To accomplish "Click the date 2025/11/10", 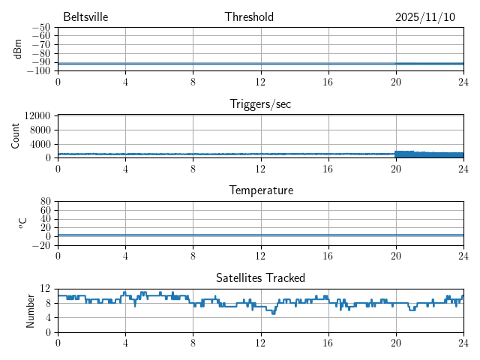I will tap(424, 17).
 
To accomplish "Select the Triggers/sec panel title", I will tap(260, 104).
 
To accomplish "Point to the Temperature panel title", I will tap(260, 190).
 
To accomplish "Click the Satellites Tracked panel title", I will tap(260, 277).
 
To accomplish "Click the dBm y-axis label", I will tap(17, 49).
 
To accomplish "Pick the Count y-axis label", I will tap(16, 136).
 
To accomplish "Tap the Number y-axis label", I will tap(31, 310).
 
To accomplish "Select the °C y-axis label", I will tap(22, 223).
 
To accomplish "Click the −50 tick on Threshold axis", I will tap(41, 27).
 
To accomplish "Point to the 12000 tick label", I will tap(37, 115).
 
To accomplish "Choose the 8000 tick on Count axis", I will tap(40, 130).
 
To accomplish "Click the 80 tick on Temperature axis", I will tap(45, 202).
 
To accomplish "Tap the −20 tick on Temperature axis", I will tap(41, 245).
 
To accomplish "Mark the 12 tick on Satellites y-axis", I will tap(45, 289).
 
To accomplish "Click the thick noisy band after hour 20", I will tap(427, 154).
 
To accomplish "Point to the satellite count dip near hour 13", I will tap(274, 313).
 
